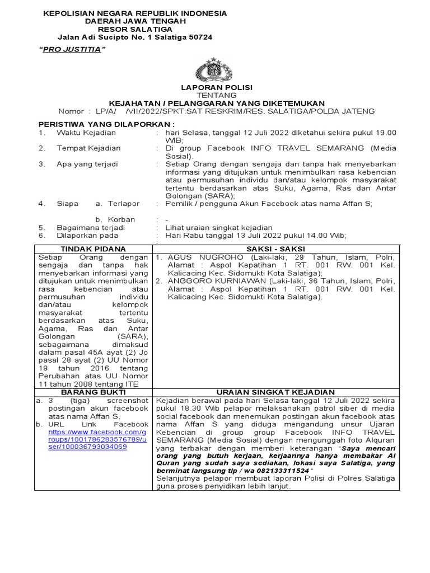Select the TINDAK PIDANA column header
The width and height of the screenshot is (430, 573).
[x=93, y=248]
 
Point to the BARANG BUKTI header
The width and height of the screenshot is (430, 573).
[x=93, y=392]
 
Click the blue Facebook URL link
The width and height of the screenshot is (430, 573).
[x=99, y=440]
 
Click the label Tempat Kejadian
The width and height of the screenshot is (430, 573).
[x=88, y=148]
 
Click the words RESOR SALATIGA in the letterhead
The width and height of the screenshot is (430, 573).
[x=135, y=29]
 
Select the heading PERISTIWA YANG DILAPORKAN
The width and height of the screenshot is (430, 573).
[x=106, y=123]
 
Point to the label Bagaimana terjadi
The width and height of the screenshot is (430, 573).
[x=91, y=228]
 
